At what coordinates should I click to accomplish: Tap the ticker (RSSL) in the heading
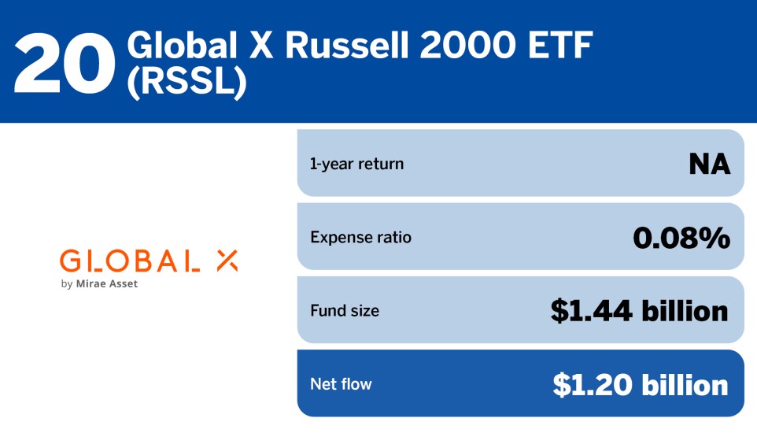186,83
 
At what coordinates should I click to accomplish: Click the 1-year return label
356,164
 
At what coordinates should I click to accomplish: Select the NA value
709,164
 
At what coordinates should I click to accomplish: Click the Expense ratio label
360,237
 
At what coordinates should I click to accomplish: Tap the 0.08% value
681,237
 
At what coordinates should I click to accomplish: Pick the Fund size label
345,310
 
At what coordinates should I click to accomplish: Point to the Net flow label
341,384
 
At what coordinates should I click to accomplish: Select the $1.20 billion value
640,384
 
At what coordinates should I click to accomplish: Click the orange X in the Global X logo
227,261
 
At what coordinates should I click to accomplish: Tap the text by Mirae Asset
98,283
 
